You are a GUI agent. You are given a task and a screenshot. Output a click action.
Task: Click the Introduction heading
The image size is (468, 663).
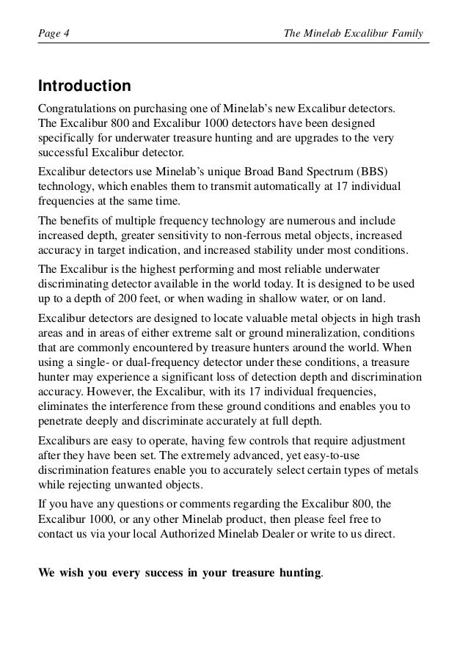coord(84,87)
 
